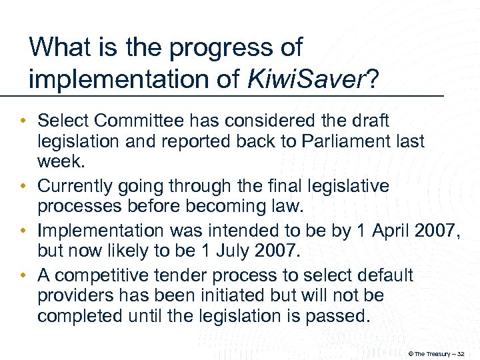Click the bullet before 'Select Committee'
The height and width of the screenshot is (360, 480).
click(x=24, y=122)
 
